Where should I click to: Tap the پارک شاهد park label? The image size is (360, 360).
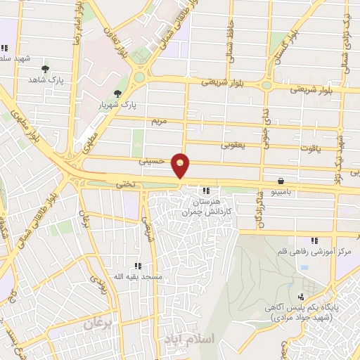46,80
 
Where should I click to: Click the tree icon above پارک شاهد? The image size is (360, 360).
46,69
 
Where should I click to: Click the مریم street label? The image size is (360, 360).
160,122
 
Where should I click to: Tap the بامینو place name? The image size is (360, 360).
288,191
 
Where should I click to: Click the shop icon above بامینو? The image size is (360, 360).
281,180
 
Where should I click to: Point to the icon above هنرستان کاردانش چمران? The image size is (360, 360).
205,190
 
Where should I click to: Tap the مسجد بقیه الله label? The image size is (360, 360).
139,277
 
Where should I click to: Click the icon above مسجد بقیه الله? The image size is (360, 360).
138,266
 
